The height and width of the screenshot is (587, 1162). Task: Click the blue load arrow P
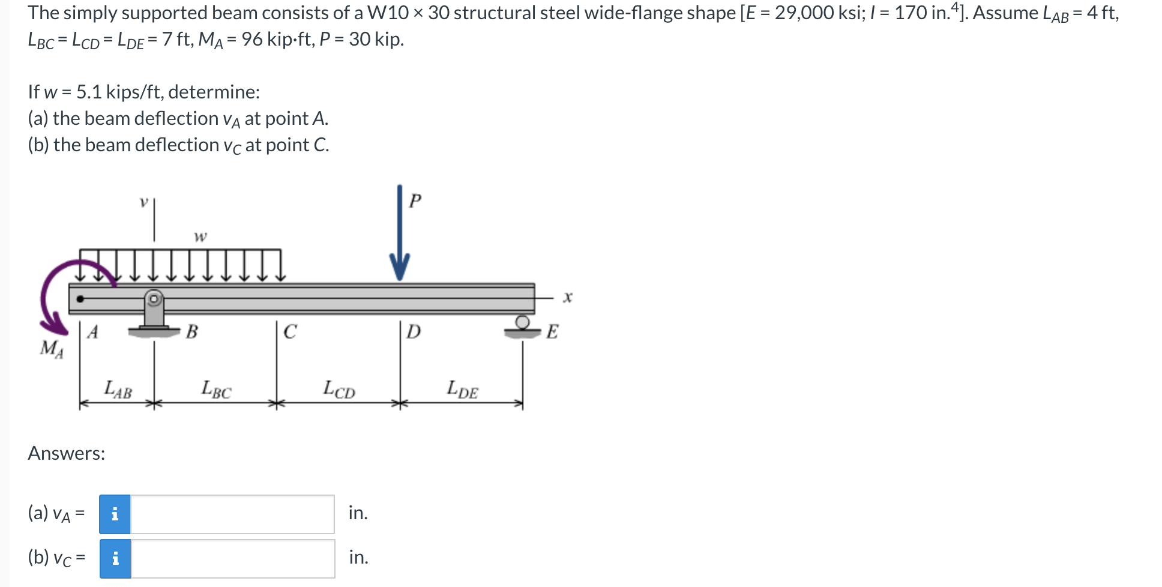[x=400, y=234]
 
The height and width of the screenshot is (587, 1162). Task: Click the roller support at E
[x=523, y=327]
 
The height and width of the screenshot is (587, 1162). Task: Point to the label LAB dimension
[x=118, y=390]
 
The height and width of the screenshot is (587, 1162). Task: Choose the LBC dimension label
[x=216, y=390]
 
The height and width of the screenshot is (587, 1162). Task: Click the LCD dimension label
[x=339, y=390]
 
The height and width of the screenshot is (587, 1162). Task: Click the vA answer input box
[x=232, y=514]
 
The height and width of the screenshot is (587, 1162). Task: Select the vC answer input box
[x=232, y=559]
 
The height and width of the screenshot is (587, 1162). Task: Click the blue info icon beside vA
[x=115, y=514]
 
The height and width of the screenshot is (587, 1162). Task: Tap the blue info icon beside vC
[x=115, y=559]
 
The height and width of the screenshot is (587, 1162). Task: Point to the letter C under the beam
[x=290, y=332]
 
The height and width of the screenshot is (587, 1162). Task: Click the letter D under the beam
[x=414, y=332]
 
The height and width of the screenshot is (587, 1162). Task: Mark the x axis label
[x=568, y=297]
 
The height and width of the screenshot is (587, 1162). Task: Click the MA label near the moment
[x=52, y=348]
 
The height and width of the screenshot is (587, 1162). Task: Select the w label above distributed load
[x=200, y=236]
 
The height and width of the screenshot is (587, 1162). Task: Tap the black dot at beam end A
[x=80, y=298]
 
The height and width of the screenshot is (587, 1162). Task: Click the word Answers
[x=67, y=453]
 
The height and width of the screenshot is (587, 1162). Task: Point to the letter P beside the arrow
[x=415, y=200]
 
